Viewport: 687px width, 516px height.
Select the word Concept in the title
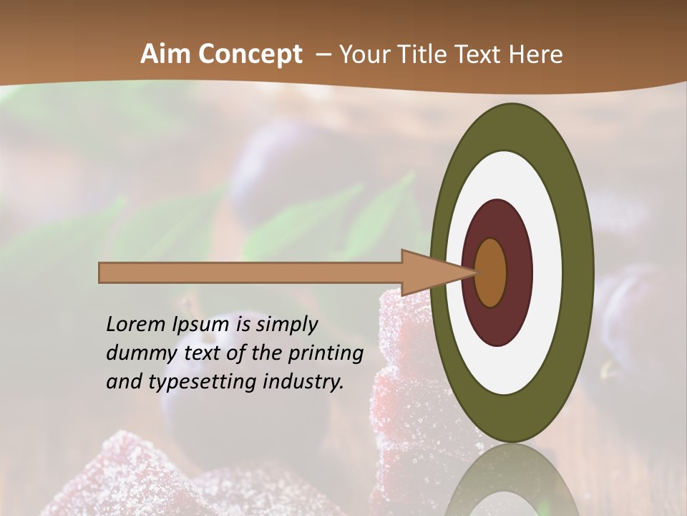250,54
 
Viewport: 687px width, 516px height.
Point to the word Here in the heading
535,54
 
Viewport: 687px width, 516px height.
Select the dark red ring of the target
519,272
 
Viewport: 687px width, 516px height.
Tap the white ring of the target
547,272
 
